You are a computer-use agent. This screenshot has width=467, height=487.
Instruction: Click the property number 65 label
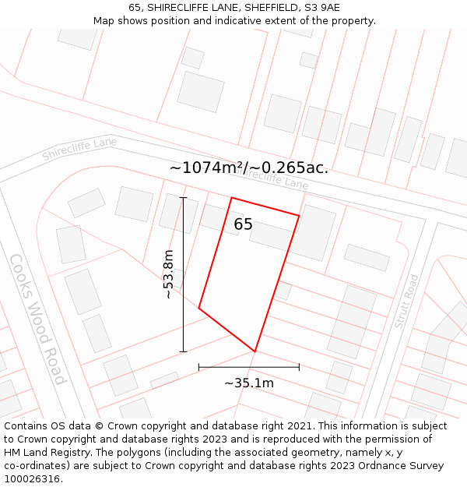pos(243,224)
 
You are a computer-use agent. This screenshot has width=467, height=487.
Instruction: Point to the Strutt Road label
pos(406,301)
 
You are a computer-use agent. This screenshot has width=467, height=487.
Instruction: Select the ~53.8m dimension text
pos(168,274)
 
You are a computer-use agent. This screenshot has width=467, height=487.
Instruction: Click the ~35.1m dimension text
pos(249,383)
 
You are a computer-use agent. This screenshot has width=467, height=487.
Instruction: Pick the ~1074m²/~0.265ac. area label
pos(249,168)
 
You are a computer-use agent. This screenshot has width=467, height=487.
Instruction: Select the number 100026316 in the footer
pos(32,478)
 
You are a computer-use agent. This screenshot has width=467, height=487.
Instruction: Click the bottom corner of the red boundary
pos(255,351)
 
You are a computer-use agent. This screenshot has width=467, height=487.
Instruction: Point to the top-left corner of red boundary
pos(231,198)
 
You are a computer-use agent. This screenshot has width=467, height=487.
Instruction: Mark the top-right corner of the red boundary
pos(300,215)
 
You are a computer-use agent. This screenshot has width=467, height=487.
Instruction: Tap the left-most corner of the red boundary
pos(199,309)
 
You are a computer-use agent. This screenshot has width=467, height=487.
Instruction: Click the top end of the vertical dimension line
pos(184,198)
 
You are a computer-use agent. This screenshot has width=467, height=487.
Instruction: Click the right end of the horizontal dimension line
pos(300,366)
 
